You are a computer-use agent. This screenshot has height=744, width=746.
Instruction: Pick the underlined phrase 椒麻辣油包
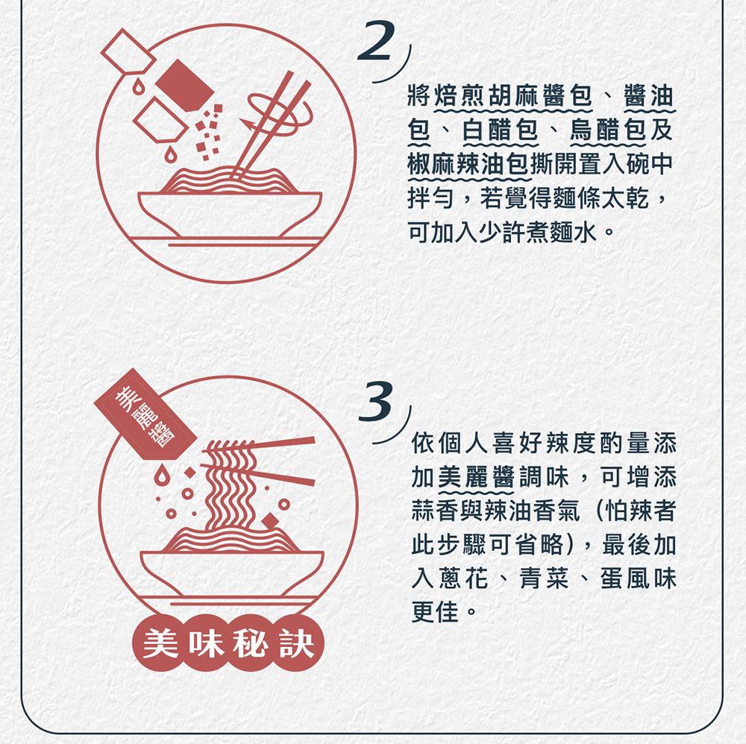(471, 165)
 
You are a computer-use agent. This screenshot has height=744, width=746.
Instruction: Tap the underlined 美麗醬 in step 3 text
(477, 477)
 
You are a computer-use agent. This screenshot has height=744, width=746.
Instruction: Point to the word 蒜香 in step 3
(436, 511)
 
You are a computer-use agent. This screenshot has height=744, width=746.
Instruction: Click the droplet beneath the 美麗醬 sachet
(159, 475)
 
